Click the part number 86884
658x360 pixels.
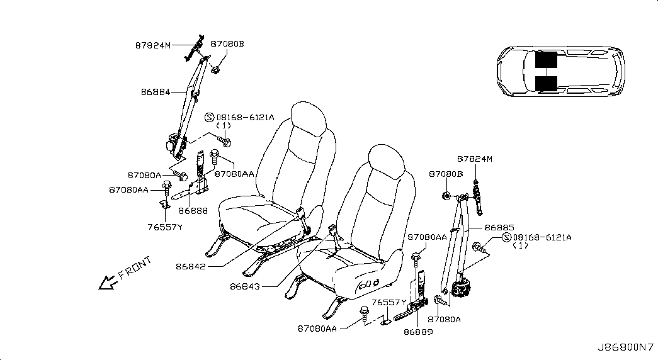pyautogui.click(x=156, y=92)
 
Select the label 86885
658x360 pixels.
pyautogui.click(x=499, y=228)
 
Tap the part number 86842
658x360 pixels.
pyautogui.click(x=191, y=266)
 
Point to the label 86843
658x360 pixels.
pyautogui.click(x=245, y=286)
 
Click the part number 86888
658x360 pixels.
pyautogui.click(x=193, y=211)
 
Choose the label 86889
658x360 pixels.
pyautogui.click(x=418, y=332)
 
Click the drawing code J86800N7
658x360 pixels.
pyautogui.click(x=626, y=347)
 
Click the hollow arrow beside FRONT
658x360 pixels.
pyautogui.click(x=107, y=283)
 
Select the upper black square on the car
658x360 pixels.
pyautogui.click(x=546, y=60)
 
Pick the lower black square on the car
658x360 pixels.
pyautogui.click(x=546, y=84)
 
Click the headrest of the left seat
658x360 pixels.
pyautogui.click(x=309, y=118)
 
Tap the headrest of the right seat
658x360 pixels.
pyautogui.click(x=387, y=162)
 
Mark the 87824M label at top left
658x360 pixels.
pyautogui.click(x=153, y=45)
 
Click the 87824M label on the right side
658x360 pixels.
pyautogui.click(x=475, y=159)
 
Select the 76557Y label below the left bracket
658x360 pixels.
pyautogui.click(x=165, y=227)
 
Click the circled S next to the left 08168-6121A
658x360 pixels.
pyautogui.click(x=210, y=118)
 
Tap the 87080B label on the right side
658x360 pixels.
pyautogui.click(x=446, y=174)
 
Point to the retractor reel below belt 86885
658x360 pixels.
pyautogui.click(x=465, y=289)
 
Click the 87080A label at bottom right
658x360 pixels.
pyautogui.click(x=444, y=319)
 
